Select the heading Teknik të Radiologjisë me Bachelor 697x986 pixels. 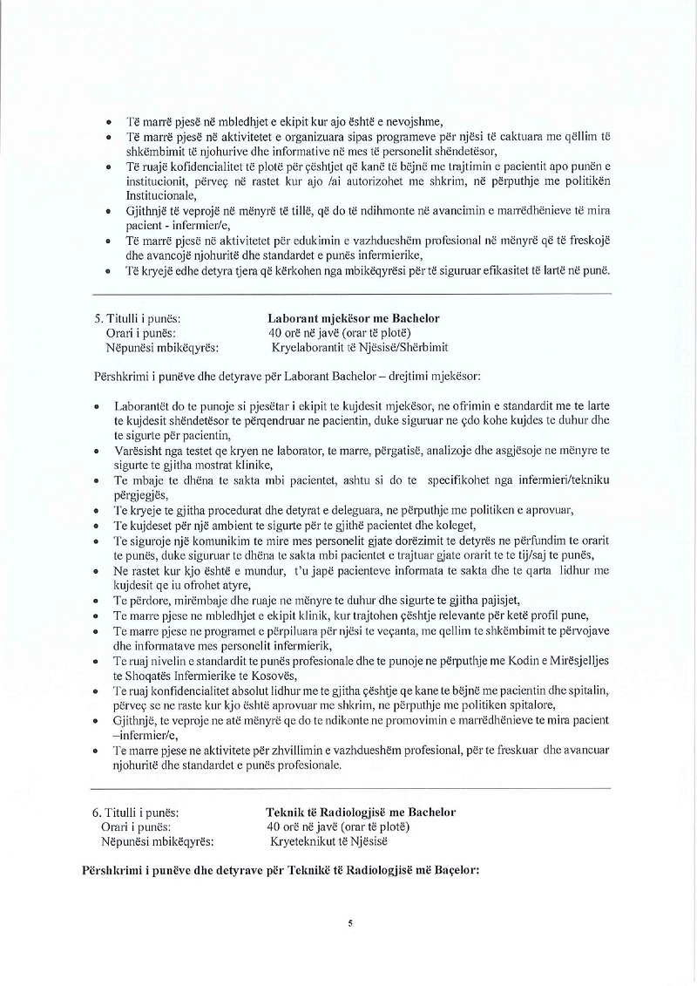point(361,812)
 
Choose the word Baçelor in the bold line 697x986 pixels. point(449,870)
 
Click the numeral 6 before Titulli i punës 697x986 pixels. point(96,812)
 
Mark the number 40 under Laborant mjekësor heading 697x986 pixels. point(276,334)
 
